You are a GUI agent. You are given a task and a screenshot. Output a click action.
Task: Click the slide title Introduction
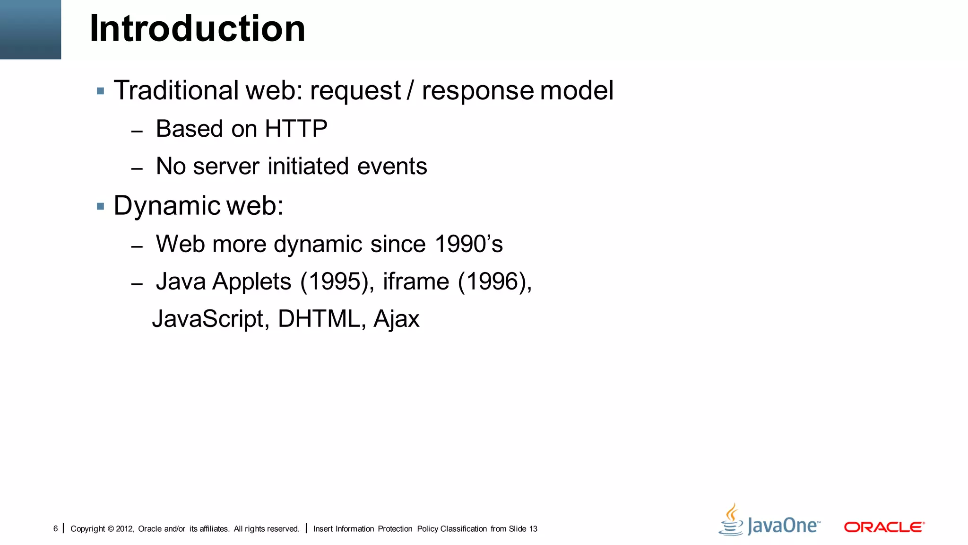click(x=197, y=28)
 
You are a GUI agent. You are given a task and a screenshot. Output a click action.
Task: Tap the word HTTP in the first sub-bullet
click(x=296, y=129)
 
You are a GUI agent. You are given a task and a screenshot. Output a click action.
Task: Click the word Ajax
click(x=396, y=319)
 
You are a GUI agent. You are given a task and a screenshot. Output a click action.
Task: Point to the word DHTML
click(x=319, y=319)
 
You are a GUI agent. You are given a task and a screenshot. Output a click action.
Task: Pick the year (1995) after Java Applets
click(x=334, y=282)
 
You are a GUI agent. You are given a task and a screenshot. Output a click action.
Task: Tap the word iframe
click(x=415, y=282)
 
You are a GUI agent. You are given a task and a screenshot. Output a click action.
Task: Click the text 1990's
click(x=468, y=244)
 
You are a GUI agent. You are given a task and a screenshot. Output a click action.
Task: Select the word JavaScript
click(x=210, y=319)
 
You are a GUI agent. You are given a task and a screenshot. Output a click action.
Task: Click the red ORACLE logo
click(x=884, y=527)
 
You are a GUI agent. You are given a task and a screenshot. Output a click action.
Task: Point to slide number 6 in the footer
click(x=55, y=528)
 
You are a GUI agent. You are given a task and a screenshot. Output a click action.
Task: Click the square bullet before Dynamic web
click(x=100, y=206)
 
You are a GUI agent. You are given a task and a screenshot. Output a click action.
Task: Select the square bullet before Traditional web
click(x=100, y=91)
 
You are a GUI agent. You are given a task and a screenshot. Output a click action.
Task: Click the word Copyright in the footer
click(x=87, y=529)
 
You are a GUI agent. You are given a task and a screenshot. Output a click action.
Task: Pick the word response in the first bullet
click(x=477, y=91)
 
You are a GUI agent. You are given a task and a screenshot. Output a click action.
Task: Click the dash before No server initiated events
click(x=137, y=169)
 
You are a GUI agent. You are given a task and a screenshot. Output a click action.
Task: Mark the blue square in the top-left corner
click(x=30, y=29)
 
